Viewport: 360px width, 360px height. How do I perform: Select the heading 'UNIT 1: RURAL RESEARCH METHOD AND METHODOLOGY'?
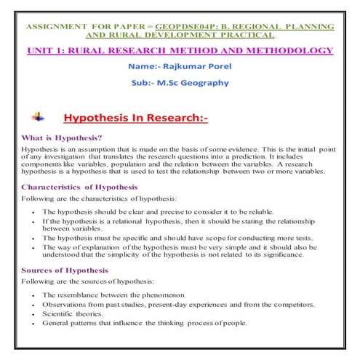click(180, 50)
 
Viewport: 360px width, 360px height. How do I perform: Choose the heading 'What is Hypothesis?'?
click(62, 138)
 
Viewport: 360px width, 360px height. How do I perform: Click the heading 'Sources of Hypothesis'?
click(64, 271)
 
